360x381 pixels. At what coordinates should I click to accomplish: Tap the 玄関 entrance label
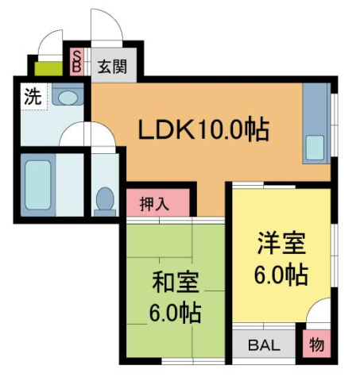(x=110, y=67)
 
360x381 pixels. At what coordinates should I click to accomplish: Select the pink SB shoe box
(x=77, y=61)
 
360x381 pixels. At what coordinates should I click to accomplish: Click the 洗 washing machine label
(x=32, y=98)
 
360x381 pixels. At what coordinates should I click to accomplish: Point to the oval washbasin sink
(x=68, y=98)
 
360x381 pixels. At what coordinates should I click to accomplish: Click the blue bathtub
(x=37, y=187)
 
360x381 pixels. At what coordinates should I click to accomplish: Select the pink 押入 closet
(x=159, y=202)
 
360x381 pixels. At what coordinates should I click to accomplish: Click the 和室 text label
(x=176, y=282)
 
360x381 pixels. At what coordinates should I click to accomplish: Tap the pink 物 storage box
(x=316, y=345)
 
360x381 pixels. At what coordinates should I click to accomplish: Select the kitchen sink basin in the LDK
(x=315, y=148)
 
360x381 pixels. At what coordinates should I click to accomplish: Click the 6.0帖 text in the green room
(x=176, y=310)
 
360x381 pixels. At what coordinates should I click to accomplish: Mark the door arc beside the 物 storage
(x=319, y=312)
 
